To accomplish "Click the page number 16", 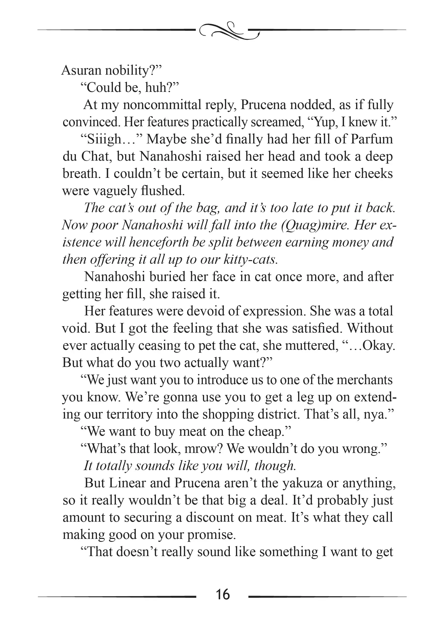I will pos(222,595).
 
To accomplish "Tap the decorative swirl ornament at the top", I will pos(229,31).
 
